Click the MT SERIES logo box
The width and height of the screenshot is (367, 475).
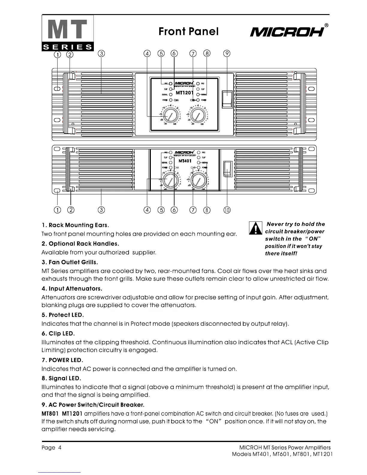68,33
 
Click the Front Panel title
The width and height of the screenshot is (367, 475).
189,31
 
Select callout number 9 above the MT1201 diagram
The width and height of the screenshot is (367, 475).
227,54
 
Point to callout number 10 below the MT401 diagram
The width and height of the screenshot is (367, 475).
227,210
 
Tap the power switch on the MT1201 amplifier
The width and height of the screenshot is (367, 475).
227,99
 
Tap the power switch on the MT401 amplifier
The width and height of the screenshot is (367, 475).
228,169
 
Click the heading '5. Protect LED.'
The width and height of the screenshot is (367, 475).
63,315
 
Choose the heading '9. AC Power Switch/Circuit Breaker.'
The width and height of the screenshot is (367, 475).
93,405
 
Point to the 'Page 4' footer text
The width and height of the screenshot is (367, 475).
52,448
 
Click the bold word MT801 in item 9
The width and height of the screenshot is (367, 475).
50,414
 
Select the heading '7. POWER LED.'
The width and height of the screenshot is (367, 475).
62,360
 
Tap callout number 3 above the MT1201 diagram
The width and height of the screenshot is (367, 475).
101,54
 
